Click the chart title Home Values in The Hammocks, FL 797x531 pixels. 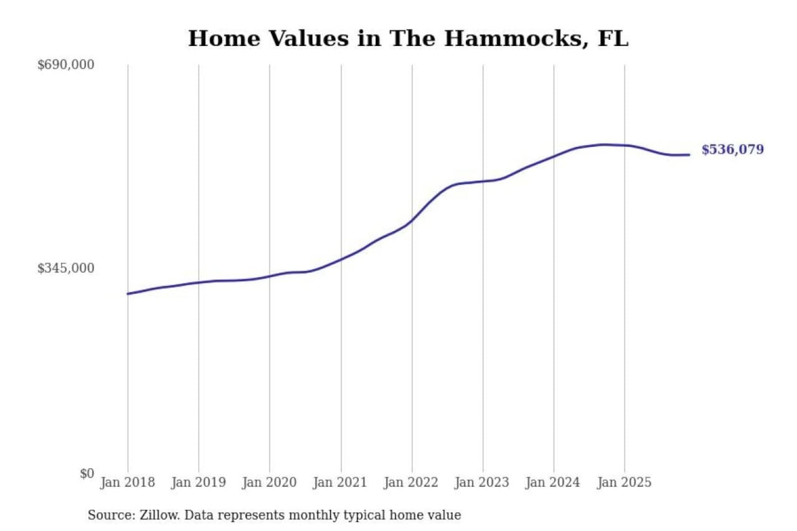[x=408, y=39]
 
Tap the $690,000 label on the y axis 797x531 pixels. [x=66, y=65]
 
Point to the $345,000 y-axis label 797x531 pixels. [x=66, y=268]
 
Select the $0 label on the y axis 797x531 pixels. [x=87, y=473]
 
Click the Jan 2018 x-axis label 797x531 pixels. [x=127, y=482]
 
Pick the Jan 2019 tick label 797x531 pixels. [x=198, y=482]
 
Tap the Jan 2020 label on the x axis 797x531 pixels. [x=269, y=482]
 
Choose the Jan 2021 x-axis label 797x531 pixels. [x=340, y=482]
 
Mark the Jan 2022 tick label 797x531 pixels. [x=411, y=482]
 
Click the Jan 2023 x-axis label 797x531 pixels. [x=482, y=482]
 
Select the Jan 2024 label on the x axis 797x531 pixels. [x=552, y=482]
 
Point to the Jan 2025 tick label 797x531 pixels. [x=624, y=482]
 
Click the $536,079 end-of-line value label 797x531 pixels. [x=732, y=149]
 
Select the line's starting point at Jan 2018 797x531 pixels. [x=128, y=294]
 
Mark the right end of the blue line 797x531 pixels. [x=689, y=155]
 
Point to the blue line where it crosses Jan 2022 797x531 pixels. [x=412, y=221]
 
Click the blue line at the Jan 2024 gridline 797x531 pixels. [x=554, y=157]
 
